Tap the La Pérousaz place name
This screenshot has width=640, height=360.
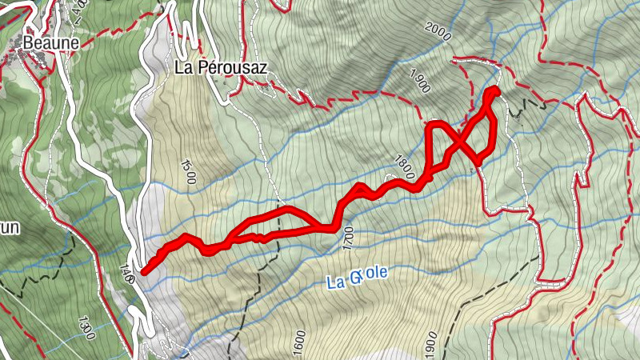click(x=221, y=68)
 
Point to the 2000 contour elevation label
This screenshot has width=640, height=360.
click(x=438, y=33)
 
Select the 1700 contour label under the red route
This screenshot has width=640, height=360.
click(x=347, y=238)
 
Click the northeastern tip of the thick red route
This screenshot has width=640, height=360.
click(x=493, y=91)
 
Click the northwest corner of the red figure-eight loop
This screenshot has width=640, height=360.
click(x=430, y=125)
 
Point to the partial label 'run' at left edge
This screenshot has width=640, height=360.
click(x=9, y=227)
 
